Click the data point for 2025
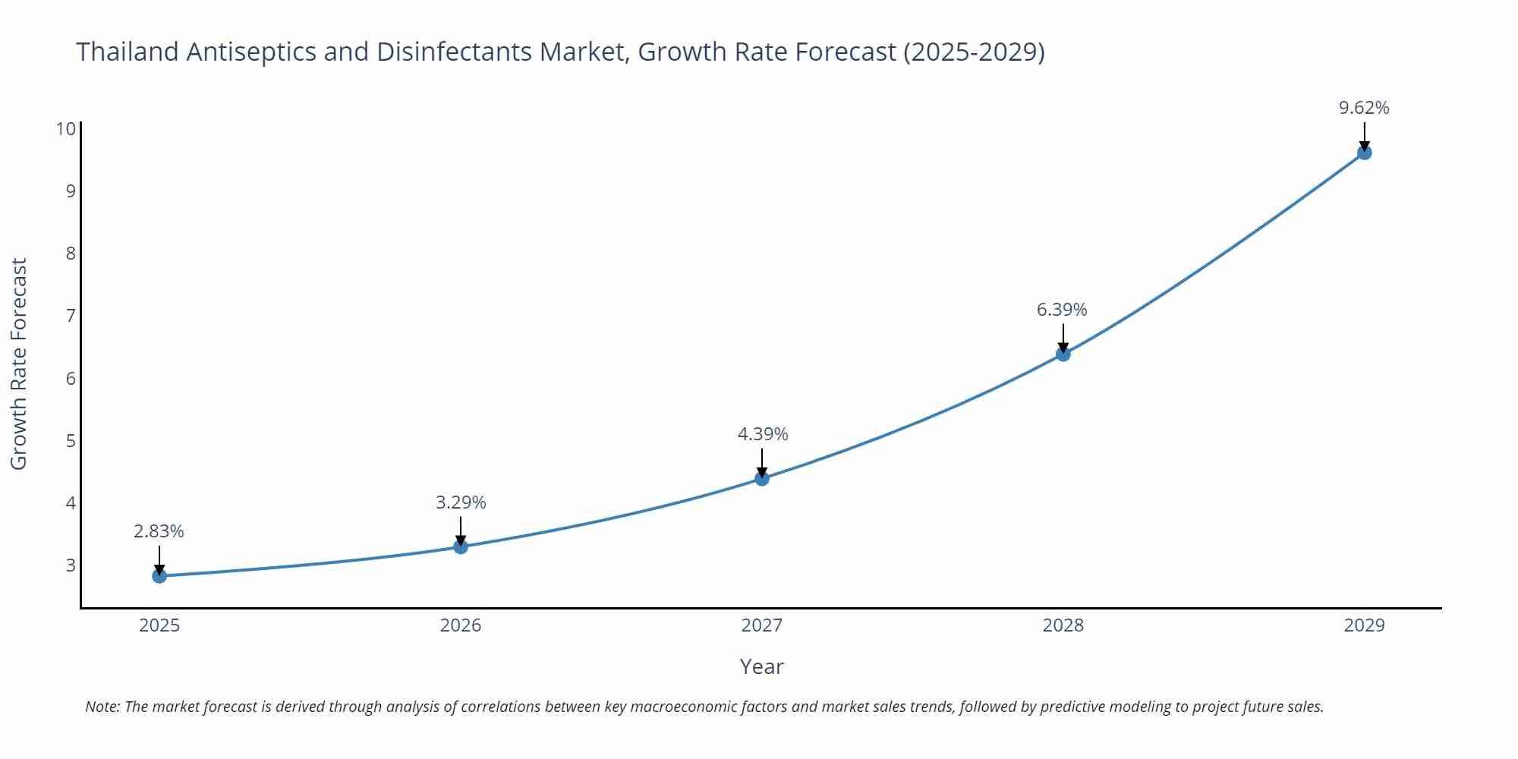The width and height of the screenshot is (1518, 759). [159, 576]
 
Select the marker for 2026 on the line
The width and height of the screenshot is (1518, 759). [461, 546]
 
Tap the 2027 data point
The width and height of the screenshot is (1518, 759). [762, 478]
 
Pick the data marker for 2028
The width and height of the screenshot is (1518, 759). [1063, 354]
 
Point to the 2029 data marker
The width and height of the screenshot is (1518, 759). [1364, 153]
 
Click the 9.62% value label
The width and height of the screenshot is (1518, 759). [1364, 108]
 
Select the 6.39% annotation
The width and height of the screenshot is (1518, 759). [1062, 310]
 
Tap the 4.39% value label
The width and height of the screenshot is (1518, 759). [763, 434]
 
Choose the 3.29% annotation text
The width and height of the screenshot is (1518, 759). [461, 502]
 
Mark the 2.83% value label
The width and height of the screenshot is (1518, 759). [159, 531]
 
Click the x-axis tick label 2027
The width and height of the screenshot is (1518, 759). [762, 625]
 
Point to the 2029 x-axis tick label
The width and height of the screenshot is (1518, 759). [1364, 625]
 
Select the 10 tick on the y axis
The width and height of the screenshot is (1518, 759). [66, 128]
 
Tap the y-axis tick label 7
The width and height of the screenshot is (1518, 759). [71, 315]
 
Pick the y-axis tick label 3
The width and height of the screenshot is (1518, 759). [71, 565]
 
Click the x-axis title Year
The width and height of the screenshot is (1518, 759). [761, 666]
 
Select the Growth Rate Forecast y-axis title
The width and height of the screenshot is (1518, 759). [19, 364]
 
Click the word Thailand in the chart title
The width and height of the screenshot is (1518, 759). [128, 52]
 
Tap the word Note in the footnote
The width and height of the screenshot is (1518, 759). [102, 707]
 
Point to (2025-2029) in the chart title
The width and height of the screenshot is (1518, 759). [974, 52]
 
